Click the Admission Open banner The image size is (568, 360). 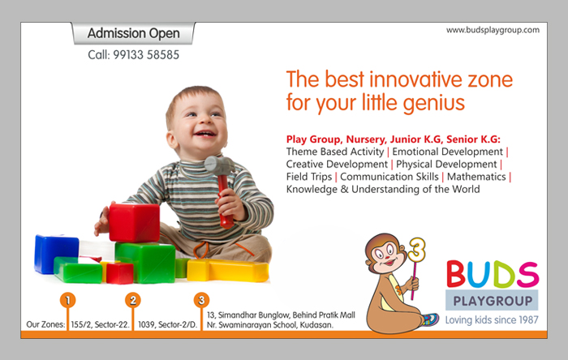pyautogui.click(x=133, y=33)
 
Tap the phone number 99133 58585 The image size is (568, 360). pyautogui.click(x=146, y=55)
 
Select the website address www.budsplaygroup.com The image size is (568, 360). pyautogui.click(x=493, y=30)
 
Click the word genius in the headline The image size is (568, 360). pyautogui.click(x=433, y=104)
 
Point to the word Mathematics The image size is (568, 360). pyautogui.click(x=476, y=177)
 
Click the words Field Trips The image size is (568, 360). pyautogui.click(x=309, y=177)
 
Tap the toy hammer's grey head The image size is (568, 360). pyautogui.click(x=220, y=165)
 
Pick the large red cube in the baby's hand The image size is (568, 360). pyautogui.click(x=134, y=222)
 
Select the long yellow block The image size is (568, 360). pyautogui.click(x=228, y=270)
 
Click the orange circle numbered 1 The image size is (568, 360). pyautogui.click(x=67, y=300)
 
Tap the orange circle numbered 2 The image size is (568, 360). pyautogui.click(x=133, y=300)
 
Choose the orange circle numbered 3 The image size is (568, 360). pyautogui.click(x=201, y=300)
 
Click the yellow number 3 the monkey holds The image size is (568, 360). pyautogui.click(x=416, y=250)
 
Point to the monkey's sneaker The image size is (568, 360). pyautogui.click(x=429, y=319)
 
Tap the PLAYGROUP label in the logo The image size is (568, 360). pyautogui.click(x=493, y=301)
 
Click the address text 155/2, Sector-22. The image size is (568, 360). pyautogui.click(x=100, y=324)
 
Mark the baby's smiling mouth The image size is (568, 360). pyautogui.click(x=204, y=135)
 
